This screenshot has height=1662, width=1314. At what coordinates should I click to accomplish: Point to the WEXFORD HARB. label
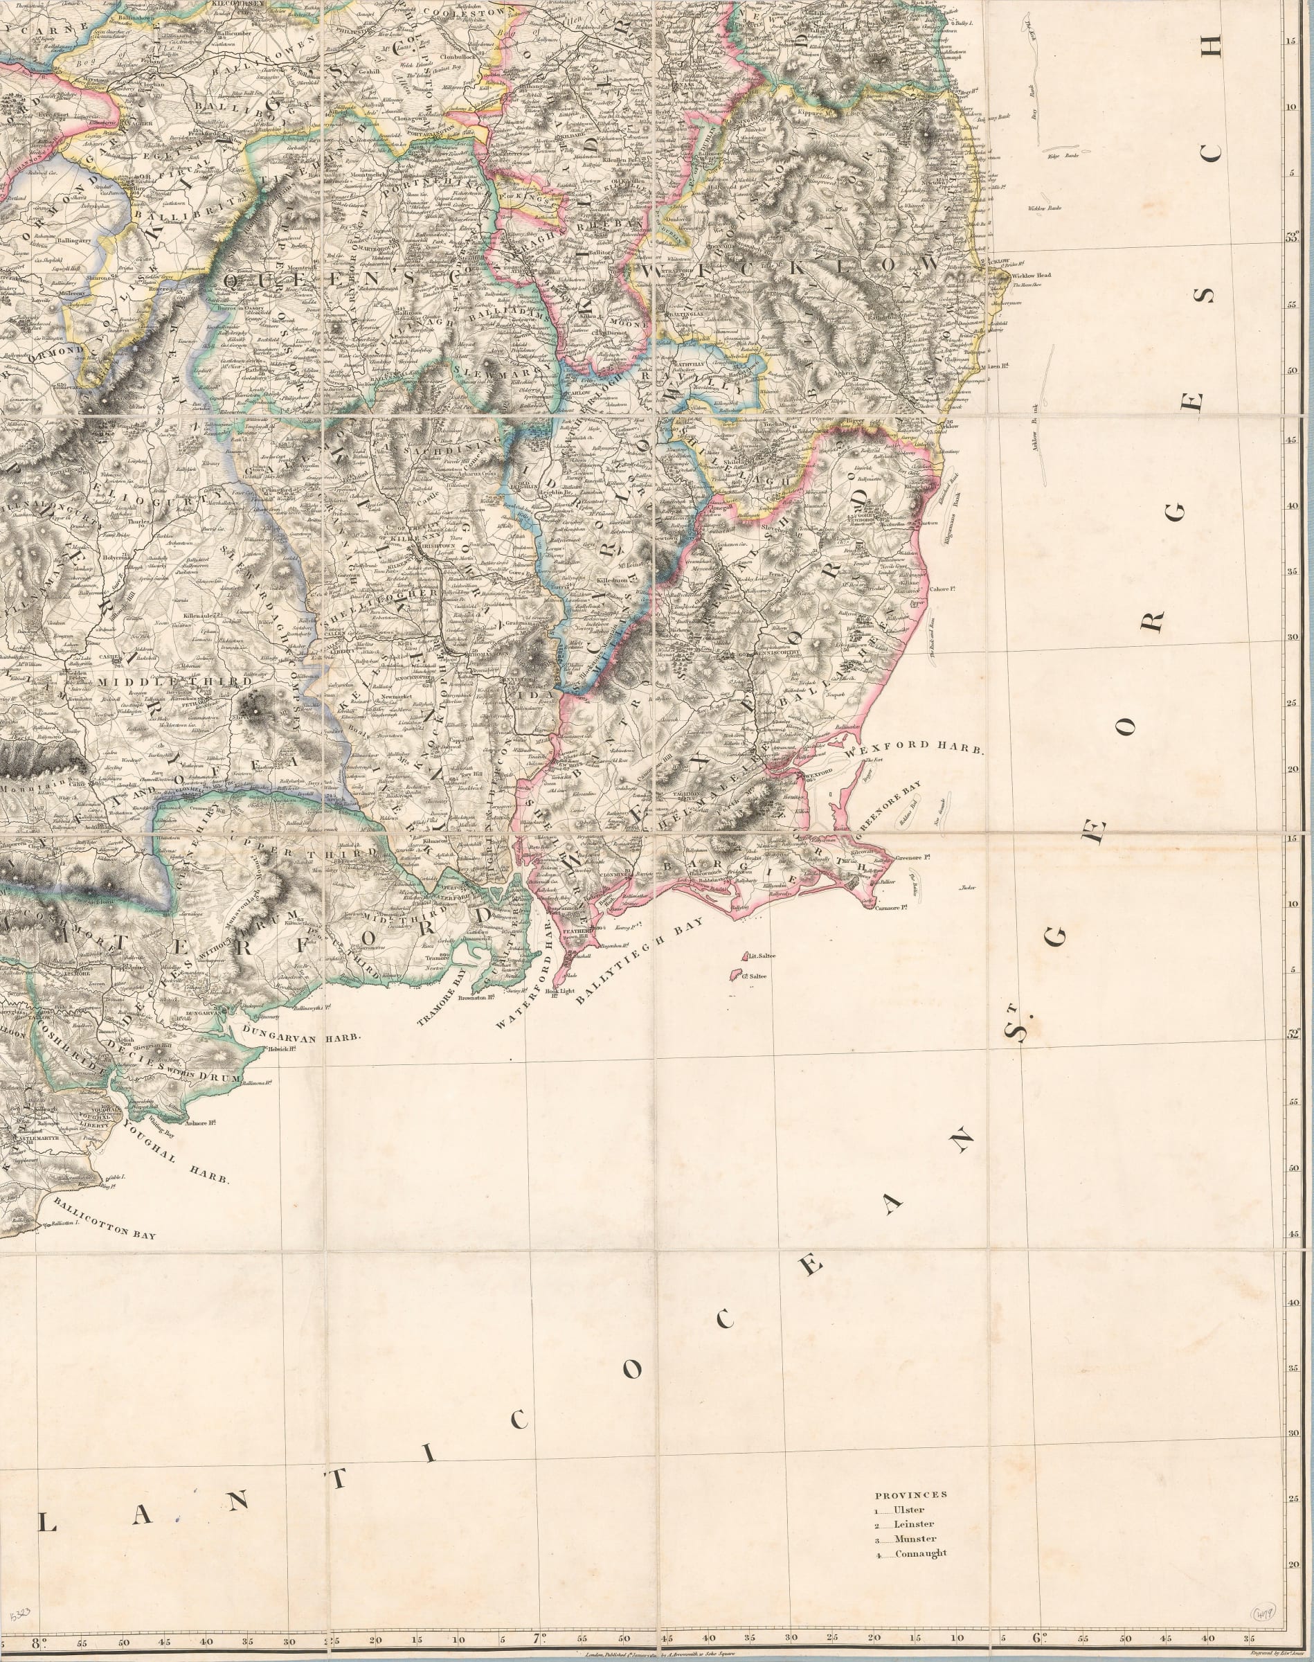click(x=915, y=747)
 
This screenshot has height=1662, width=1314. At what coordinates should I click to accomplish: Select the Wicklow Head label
click(x=1031, y=275)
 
